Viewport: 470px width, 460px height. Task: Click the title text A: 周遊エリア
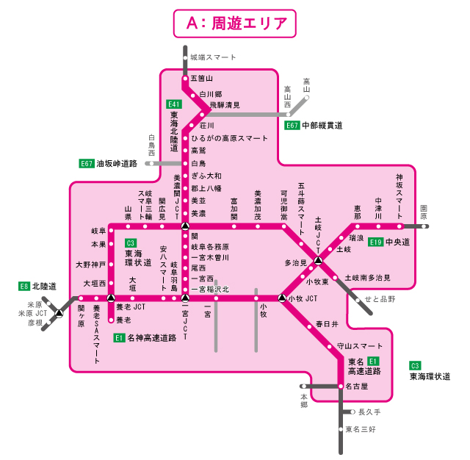point(235,23)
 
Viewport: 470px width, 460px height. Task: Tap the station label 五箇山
point(201,79)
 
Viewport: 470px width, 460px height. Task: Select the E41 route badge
point(174,104)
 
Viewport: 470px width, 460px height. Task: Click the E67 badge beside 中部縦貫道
point(292,126)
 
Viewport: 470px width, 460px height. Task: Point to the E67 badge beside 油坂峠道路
point(87,163)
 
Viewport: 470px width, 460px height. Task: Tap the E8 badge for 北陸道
point(24,286)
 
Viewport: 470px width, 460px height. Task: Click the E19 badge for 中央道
point(375,242)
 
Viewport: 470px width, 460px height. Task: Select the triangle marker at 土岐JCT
point(319,260)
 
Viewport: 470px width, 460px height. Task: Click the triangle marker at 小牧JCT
point(281,298)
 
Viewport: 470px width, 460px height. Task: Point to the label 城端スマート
point(213,57)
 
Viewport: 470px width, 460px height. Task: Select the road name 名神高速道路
point(152,338)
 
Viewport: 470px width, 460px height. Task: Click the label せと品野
point(380,300)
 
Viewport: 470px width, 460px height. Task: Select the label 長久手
point(369,412)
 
